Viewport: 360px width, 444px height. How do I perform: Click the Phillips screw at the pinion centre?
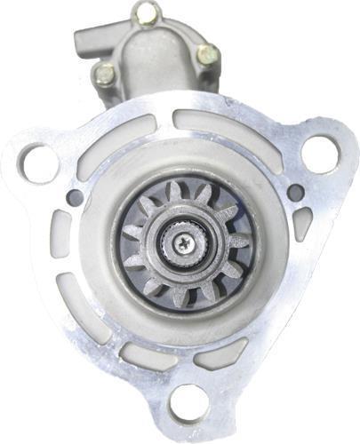[182, 240]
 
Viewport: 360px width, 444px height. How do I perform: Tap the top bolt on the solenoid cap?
[147, 12]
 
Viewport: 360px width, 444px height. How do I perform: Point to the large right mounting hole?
[320, 152]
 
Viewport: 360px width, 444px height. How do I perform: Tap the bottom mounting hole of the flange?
[189, 402]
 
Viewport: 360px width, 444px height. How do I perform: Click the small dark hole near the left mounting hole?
[76, 197]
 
